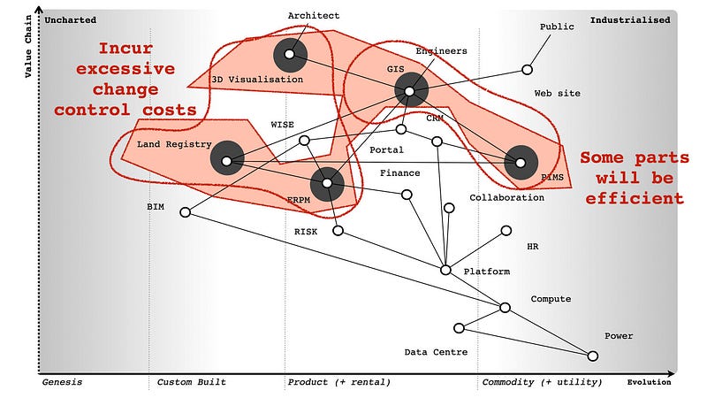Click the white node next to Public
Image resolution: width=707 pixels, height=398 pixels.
(x=528, y=69)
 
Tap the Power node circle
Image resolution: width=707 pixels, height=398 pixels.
(x=593, y=356)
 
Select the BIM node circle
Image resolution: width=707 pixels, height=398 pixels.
(x=185, y=212)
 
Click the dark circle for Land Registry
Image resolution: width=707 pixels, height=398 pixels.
(x=227, y=161)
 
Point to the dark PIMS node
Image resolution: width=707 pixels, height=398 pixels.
(x=521, y=162)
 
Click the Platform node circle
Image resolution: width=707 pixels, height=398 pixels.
(x=445, y=270)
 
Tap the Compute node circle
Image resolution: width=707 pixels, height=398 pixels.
(x=505, y=308)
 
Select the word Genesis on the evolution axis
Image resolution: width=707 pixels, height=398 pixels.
(x=63, y=382)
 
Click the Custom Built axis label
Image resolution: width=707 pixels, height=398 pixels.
(x=192, y=382)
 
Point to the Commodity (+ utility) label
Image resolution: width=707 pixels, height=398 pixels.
(x=542, y=382)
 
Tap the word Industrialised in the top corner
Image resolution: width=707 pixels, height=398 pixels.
(x=630, y=19)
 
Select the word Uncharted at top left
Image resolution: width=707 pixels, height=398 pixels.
(x=70, y=19)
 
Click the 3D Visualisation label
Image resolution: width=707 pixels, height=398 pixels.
(x=257, y=80)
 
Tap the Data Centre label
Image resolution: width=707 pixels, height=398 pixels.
(x=436, y=352)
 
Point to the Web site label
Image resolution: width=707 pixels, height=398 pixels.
(x=558, y=93)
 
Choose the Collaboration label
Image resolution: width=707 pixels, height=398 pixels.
(x=506, y=197)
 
